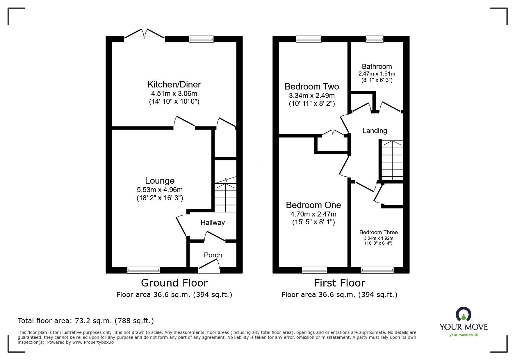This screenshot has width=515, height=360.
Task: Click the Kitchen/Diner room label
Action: [x=174, y=85]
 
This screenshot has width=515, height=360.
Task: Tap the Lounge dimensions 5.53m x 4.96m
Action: [x=160, y=190]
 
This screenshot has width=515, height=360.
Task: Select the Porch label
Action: [x=213, y=255]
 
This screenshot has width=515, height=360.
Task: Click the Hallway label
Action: [x=213, y=223]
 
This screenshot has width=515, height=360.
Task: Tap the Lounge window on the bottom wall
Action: [x=144, y=270]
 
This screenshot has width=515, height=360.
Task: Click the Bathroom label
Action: [x=377, y=67]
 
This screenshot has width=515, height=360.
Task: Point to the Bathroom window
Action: [x=374, y=39]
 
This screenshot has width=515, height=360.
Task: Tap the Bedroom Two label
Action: [x=312, y=87]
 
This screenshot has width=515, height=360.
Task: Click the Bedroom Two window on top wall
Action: [x=309, y=39]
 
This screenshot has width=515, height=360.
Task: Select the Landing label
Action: [x=375, y=131]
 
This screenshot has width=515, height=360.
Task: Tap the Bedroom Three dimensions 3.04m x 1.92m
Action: [x=378, y=238]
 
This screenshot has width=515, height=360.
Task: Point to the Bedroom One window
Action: [x=314, y=270]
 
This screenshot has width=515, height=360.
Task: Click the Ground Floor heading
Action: [x=174, y=283]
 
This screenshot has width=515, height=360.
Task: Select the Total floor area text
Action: [x=86, y=321]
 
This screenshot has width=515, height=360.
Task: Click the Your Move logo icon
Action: [x=463, y=315]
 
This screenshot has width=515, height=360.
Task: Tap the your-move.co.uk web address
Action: [x=464, y=335]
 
